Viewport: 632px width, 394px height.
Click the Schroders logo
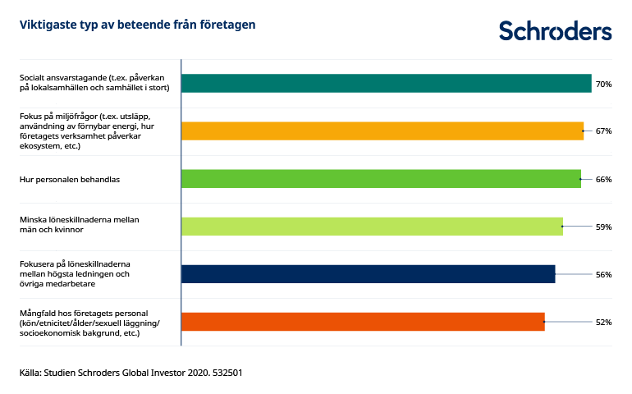[555, 30]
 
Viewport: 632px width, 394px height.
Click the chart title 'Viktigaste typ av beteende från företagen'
[137, 25]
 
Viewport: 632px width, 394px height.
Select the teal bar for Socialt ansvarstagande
[386, 83]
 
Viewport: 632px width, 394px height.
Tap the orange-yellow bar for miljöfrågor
[382, 131]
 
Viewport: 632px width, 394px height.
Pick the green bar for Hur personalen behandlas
[380, 179]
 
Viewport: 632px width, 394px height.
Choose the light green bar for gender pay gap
[371, 227]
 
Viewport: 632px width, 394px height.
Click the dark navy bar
[368, 274]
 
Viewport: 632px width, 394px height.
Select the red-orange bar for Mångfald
[362, 322]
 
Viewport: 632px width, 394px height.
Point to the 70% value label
[603, 84]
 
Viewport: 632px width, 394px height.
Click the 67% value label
[603, 131]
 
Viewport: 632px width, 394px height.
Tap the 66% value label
[603, 179]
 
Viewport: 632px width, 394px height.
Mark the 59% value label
[603, 227]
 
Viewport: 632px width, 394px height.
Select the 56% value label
[603, 274]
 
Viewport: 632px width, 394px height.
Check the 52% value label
[603, 322]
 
